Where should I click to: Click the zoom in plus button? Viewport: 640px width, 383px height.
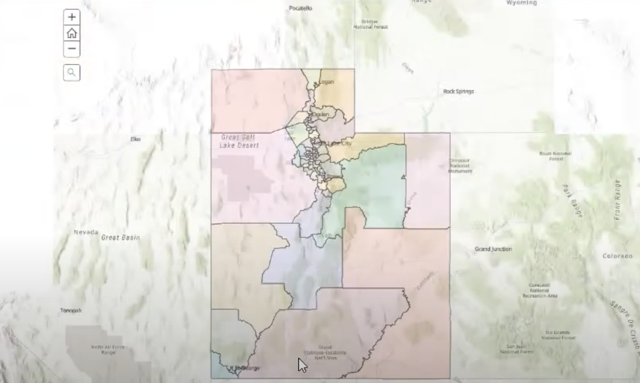pos(71,17)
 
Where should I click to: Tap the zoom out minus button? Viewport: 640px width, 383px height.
pos(71,49)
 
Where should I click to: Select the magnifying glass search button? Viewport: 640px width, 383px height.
pos(71,72)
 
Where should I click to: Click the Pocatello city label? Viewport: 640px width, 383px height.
pos(300,8)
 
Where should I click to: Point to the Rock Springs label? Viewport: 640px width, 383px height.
pos(458,91)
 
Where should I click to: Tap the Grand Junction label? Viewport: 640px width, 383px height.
pos(493,249)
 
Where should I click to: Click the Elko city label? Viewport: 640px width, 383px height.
pos(135,139)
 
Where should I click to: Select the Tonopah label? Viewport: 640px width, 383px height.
pos(71,311)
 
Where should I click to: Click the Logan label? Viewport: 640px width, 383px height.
pos(326,82)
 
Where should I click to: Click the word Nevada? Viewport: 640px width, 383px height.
pos(86,232)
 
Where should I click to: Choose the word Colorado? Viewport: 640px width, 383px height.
pos(617,256)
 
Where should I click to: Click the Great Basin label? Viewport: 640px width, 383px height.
pos(120,237)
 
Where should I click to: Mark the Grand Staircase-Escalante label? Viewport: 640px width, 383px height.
pos(325,352)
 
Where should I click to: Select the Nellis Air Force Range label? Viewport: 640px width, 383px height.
pos(108,350)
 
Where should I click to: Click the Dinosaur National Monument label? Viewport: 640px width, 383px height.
pos(459,165)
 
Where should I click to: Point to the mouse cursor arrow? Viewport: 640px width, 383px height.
pos(302,365)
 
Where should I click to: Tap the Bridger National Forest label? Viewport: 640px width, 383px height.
pos(370,24)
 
